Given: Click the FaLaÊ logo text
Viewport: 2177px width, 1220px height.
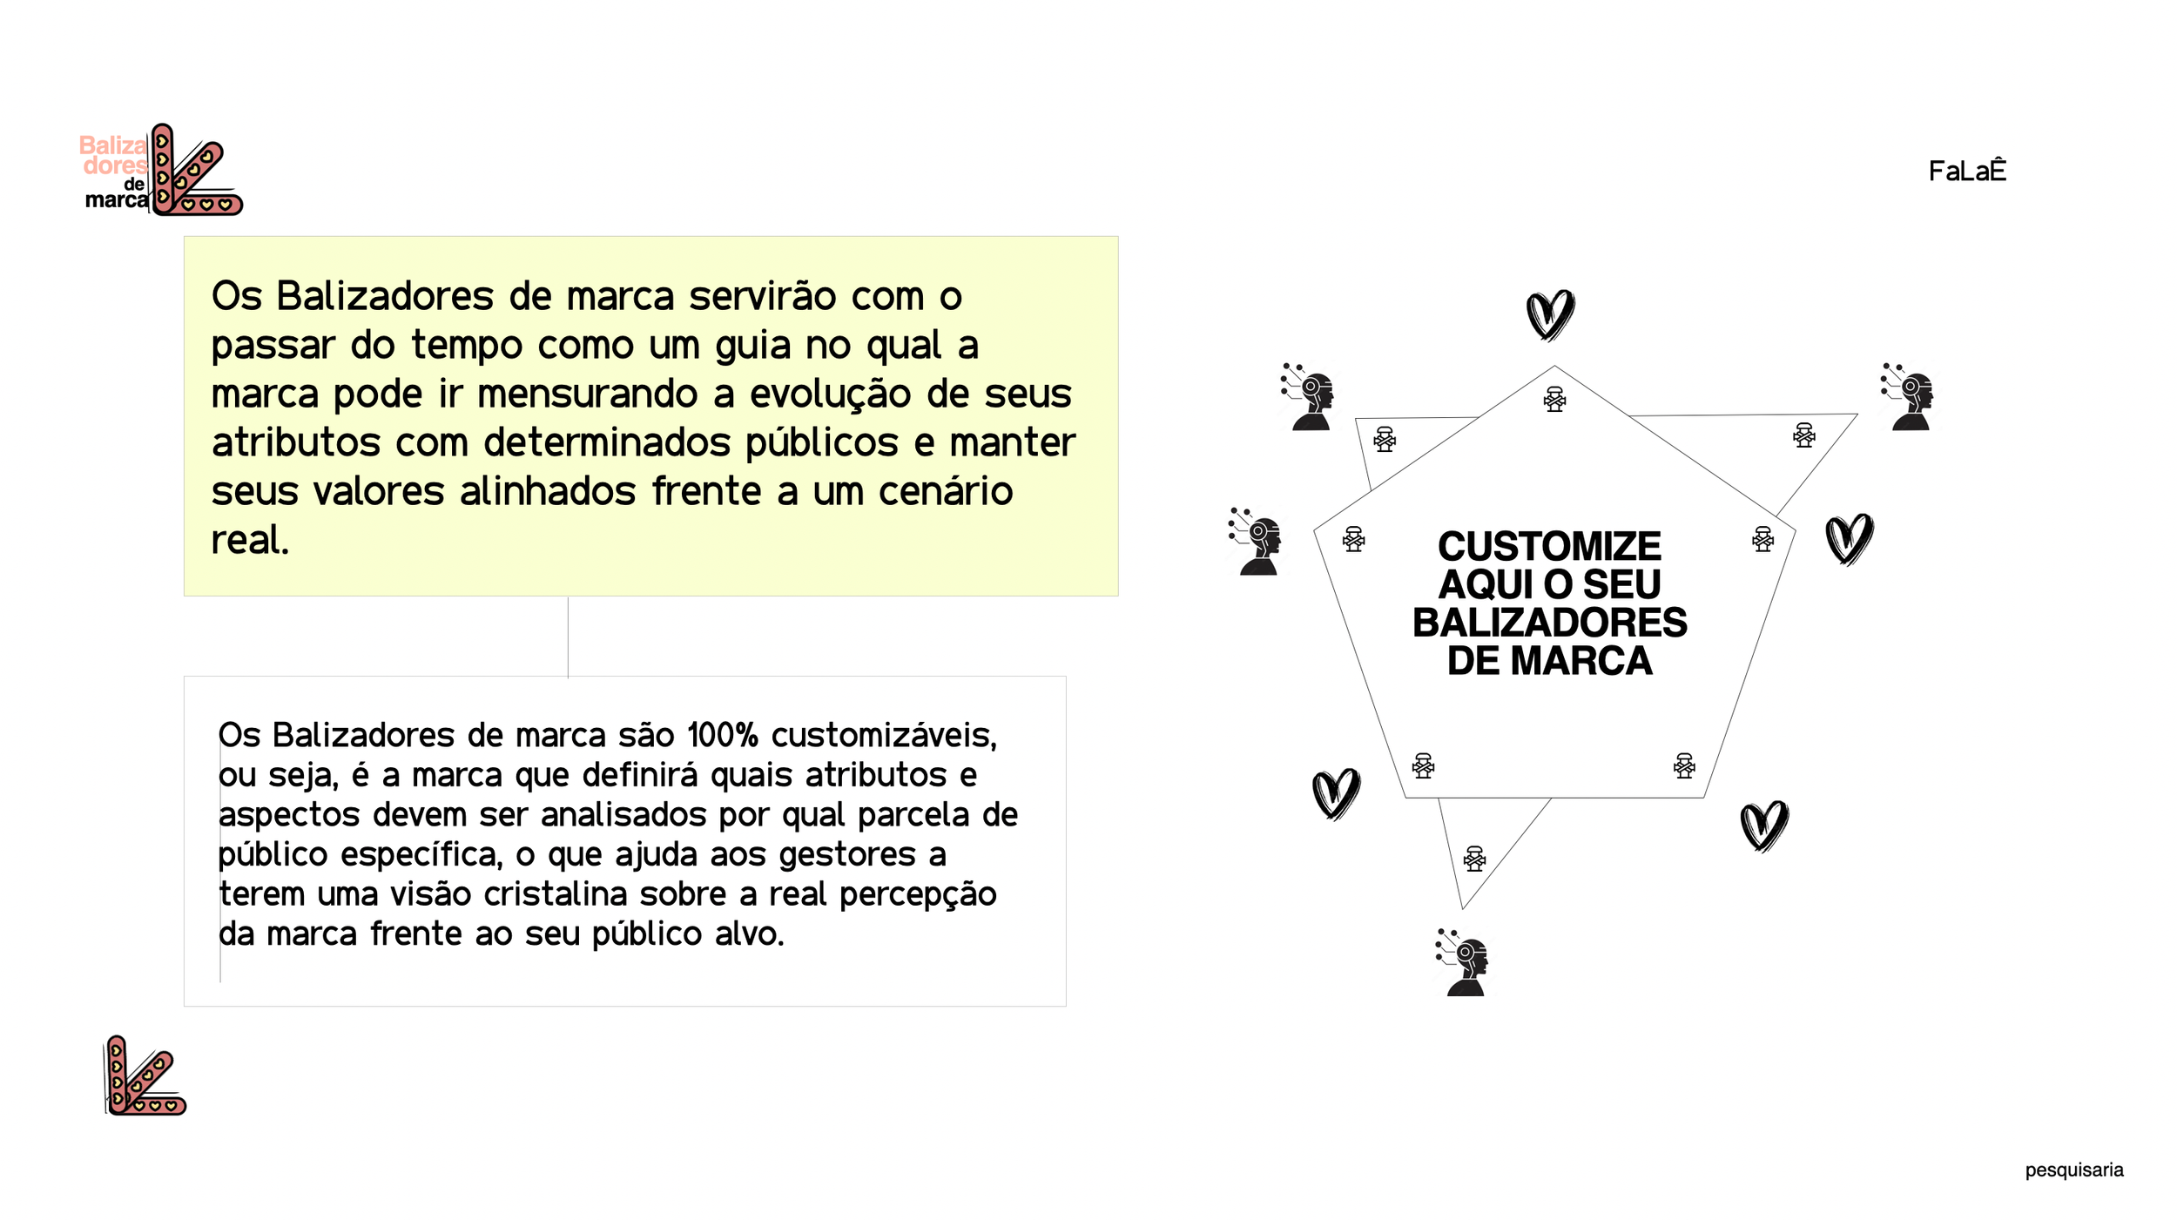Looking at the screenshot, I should pyautogui.click(x=1966, y=171).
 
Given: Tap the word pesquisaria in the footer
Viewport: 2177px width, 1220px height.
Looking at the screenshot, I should pyautogui.click(x=2073, y=1169).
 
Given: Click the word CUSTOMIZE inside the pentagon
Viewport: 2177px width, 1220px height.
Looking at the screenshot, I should pyautogui.click(x=1549, y=547).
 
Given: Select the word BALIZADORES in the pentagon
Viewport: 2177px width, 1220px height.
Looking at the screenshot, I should pyautogui.click(x=1549, y=623).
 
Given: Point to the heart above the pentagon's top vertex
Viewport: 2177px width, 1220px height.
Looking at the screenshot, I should pyautogui.click(x=1550, y=314).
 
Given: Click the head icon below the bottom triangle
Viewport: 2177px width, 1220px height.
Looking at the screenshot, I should pyautogui.click(x=1464, y=963).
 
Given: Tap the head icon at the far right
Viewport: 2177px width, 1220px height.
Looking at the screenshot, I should pyautogui.click(x=1909, y=397).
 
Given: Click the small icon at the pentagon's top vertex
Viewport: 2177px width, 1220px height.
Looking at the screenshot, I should pyautogui.click(x=1554, y=400).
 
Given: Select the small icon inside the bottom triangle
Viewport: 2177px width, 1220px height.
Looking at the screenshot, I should pyautogui.click(x=1474, y=859).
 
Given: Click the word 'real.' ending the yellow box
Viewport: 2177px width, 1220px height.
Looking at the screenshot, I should pyautogui.click(x=250, y=540).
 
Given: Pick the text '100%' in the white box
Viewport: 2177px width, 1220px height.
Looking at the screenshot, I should pyautogui.click(x=722, y=736).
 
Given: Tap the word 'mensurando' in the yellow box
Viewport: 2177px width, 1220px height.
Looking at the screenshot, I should pyautogui.click(x=588, y=394).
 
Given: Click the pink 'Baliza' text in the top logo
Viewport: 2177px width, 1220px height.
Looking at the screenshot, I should pyautogui.click(x=113, y=145).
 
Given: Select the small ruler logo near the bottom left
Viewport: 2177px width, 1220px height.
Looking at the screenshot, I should pyautogui.click(x=145, y=1076).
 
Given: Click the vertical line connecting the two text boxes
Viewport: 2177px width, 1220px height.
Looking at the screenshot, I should pyautogui.click(x=568, y=637).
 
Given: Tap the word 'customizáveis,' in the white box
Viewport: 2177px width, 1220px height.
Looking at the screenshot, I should pyautogui.click(x=883, y=736).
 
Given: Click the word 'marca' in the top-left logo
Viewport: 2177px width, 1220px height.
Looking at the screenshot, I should pyautogui.click(x=116, y=200).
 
